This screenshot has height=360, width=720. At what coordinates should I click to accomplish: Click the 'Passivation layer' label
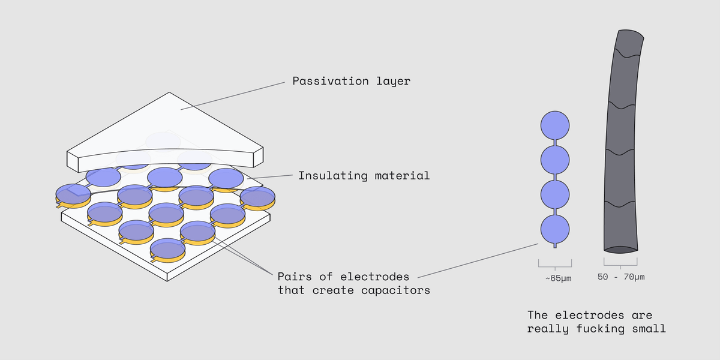(351, 81)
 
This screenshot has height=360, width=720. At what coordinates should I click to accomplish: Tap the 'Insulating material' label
(364, 176)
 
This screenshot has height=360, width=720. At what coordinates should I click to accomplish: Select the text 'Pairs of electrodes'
(343, 277)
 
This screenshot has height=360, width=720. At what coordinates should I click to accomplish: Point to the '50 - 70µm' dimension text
(621, 277)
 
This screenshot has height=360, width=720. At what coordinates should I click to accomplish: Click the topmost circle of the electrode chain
(555, 125)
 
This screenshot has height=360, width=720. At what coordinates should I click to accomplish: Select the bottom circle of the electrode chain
(555, 229)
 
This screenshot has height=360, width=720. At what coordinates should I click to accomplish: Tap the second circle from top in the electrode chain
(555, 160)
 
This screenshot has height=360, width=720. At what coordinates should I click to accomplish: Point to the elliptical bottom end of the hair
(621, 248)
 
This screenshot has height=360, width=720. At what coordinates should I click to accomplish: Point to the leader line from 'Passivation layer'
(234, 95)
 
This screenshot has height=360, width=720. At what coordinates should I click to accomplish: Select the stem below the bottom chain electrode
(555, 245)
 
